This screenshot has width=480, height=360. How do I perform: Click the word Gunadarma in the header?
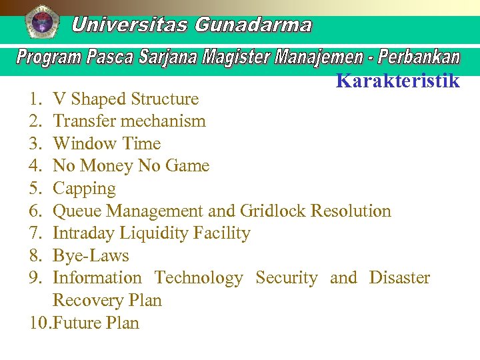click(253, 25)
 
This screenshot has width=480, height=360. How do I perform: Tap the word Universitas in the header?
click(129, 25)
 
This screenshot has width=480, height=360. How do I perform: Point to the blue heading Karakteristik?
click(398, 81)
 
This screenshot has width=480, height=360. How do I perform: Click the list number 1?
click(35, 99)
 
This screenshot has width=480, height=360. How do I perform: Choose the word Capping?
click(84, 189)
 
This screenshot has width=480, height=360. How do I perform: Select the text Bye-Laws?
click(91, 256)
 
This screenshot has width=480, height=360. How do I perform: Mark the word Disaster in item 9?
click(399, 278)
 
